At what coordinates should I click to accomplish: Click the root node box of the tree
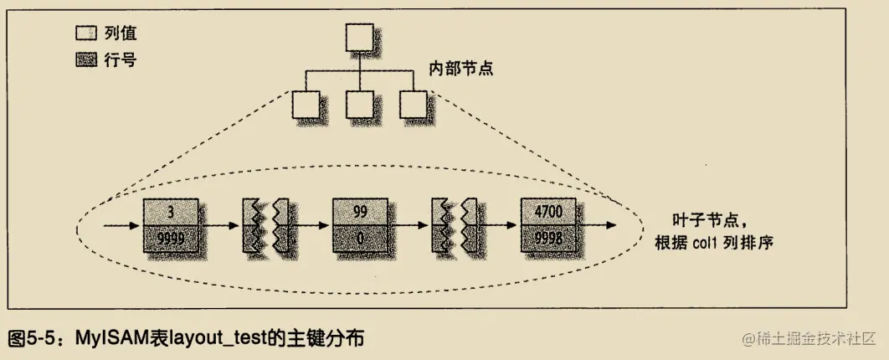click(359, 37)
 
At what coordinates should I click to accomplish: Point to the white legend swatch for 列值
click(85, 34)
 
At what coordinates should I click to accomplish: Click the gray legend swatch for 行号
click(85, 60)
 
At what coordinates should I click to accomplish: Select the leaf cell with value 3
click(172, 213)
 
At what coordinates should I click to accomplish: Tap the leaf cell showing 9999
click(172, 239)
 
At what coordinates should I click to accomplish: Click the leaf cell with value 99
click(360, 213)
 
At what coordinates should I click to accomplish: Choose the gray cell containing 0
click(360, 239)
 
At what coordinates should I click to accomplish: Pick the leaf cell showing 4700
click(548, 213)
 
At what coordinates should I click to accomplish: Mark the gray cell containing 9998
click(548, 239)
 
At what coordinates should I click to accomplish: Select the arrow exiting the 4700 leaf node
click(599, 226)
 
